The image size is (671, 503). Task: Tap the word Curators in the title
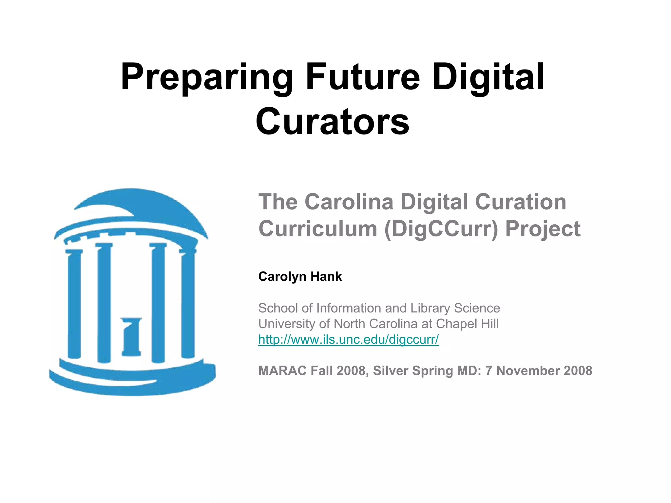(x=332, y=122)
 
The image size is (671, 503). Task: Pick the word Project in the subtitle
(x=543, y=229)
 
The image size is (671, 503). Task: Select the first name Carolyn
(x=282, y=277)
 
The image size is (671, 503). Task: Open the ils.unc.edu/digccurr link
(x=348, y=339)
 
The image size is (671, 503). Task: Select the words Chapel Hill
(x=467, y=324)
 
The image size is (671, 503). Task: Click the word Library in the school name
(x=430, y=308)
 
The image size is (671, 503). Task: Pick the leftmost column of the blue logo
(x=74, y=303)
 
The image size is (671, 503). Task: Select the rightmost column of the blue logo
(x=188, y=303)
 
